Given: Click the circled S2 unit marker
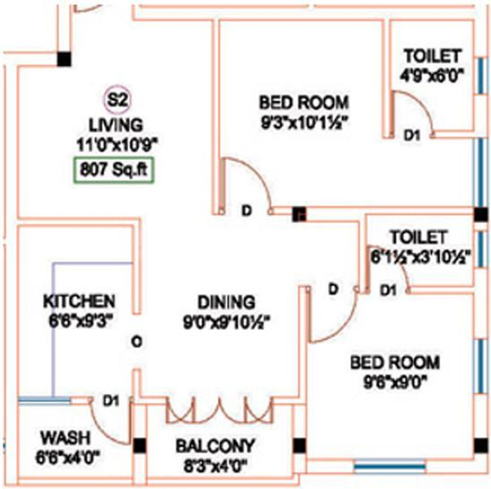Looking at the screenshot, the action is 117,100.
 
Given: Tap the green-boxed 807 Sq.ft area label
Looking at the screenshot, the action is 113,170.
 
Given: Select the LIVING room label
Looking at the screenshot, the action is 116,125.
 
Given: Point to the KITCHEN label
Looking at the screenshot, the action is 80,302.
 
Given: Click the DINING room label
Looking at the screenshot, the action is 226,302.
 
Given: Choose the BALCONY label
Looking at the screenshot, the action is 215,446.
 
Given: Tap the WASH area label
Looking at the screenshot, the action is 66,438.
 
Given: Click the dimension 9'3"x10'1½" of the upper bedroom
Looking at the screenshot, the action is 304,123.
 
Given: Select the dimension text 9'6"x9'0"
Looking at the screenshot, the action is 395,382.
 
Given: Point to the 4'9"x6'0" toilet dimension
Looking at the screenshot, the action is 432,75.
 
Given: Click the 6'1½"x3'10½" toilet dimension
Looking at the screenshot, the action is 420,257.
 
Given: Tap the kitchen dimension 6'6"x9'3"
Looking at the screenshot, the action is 80,320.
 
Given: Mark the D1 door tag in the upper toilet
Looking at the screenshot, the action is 411,136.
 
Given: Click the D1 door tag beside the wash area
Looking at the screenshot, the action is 112,400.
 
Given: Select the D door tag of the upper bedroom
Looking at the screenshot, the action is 246,211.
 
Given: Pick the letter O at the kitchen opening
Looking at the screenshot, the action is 137,341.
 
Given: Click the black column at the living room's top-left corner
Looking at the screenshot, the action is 64,59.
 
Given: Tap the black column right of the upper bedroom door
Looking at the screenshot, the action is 299,215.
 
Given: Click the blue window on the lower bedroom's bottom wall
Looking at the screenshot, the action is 390,467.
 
